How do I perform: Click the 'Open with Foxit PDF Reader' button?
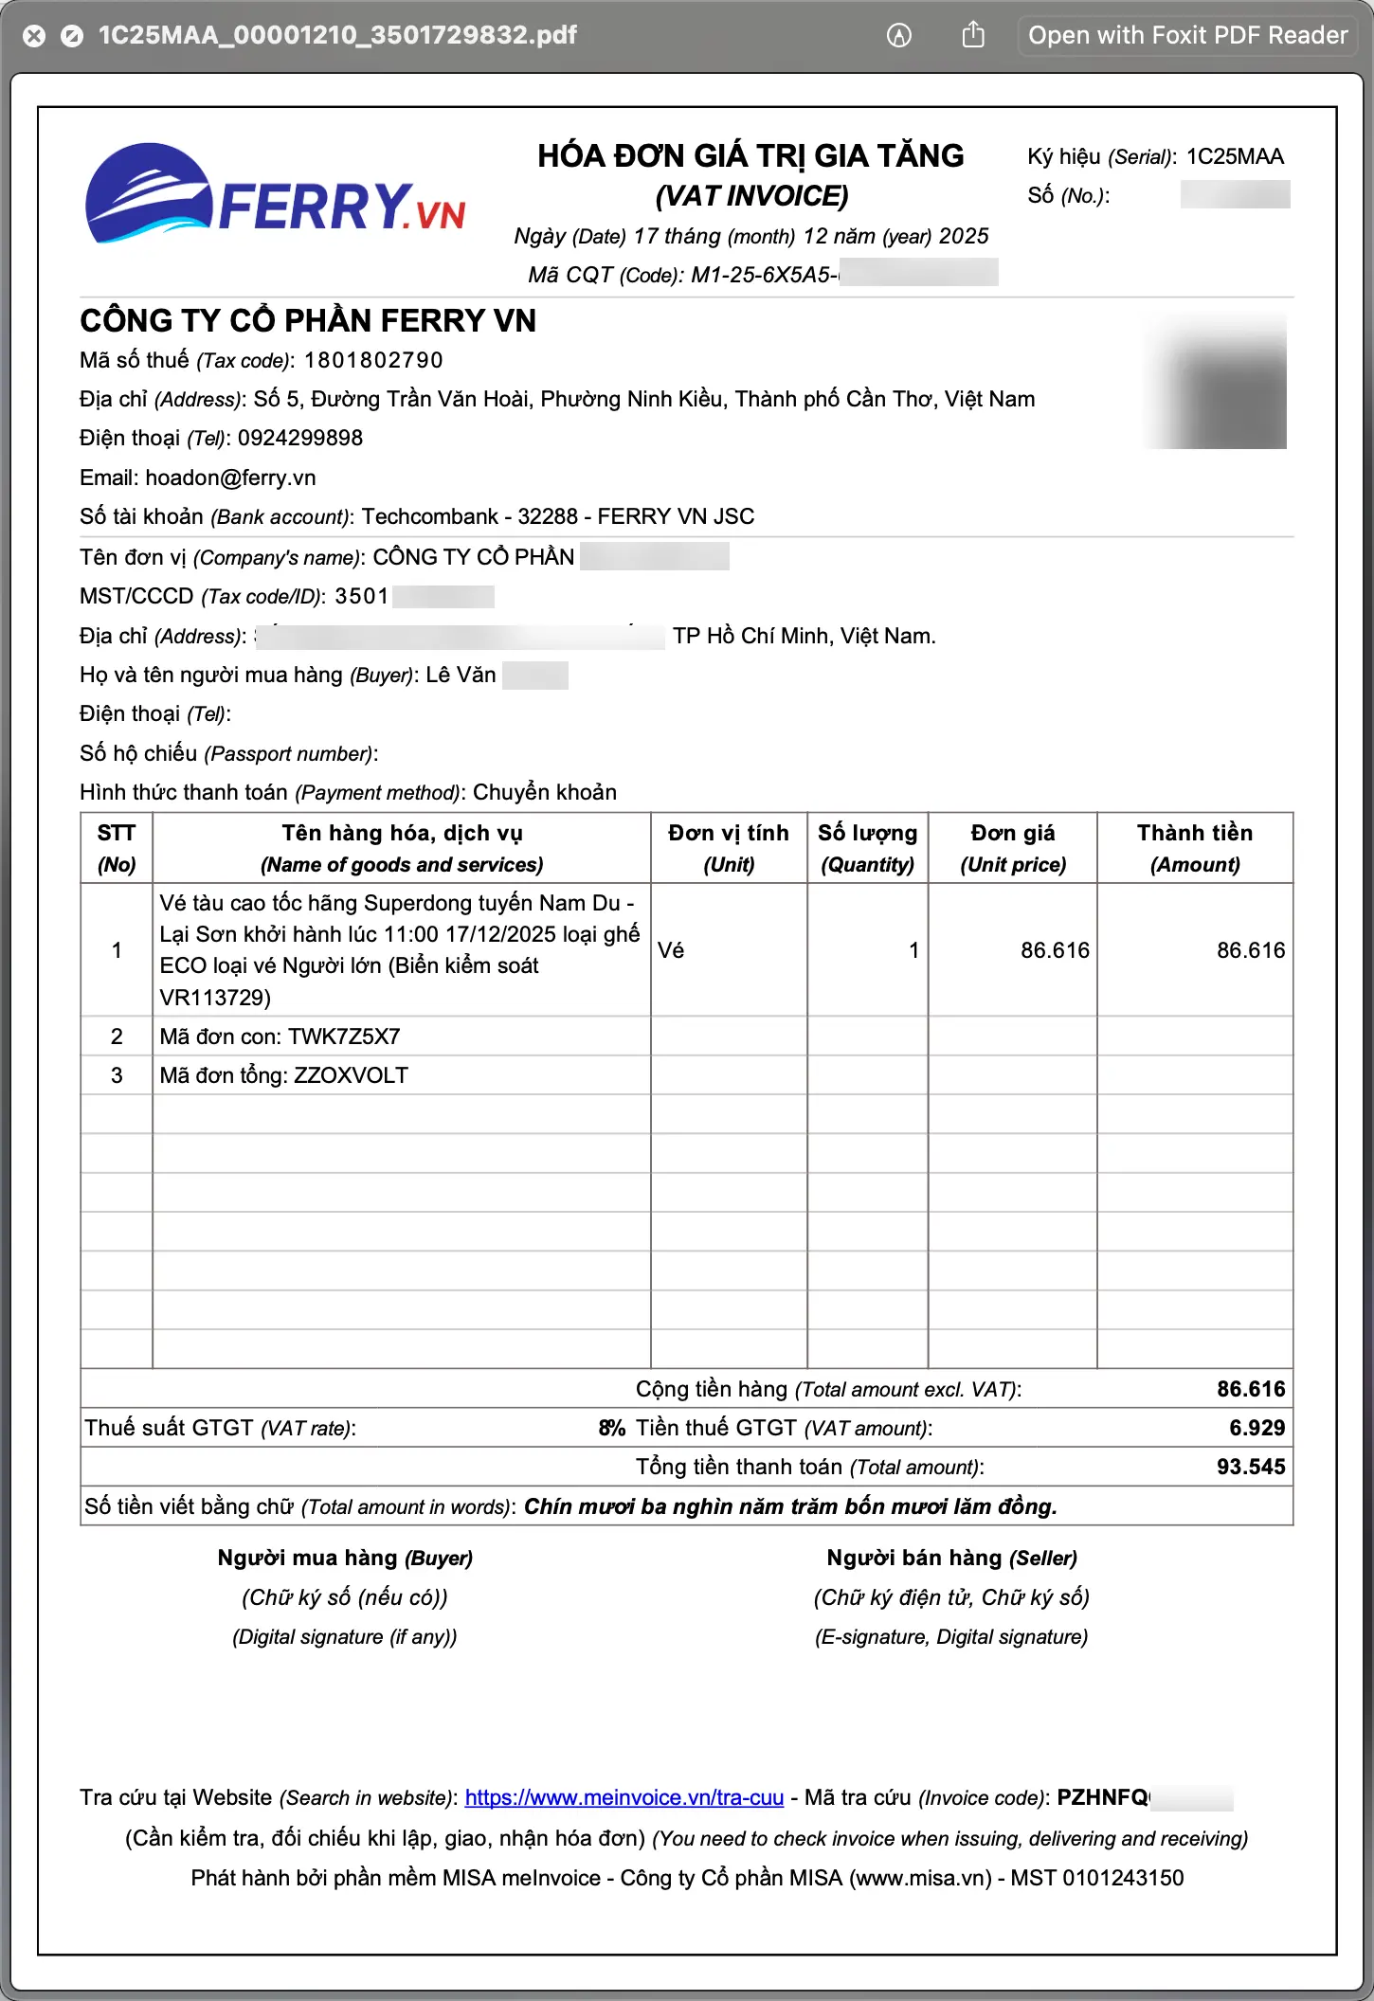1187,36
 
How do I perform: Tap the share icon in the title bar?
973,36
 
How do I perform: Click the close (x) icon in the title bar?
34,36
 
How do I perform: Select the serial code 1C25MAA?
1235,156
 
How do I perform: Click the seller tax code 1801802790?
373,360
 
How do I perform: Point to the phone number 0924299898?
300,438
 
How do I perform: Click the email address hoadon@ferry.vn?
230,478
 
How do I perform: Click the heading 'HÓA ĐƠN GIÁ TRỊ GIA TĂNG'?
750,155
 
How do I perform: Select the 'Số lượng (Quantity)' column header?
867,848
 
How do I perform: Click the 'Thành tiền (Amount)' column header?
1194,848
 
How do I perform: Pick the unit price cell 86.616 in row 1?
1055,950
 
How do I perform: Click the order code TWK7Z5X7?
344,1037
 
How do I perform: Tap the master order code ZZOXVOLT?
351,1075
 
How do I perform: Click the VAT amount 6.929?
1256,1428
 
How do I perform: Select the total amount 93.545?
1251,1467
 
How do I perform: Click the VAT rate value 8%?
612,1428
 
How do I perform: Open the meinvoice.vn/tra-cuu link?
624,1797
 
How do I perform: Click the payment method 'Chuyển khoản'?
545,792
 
